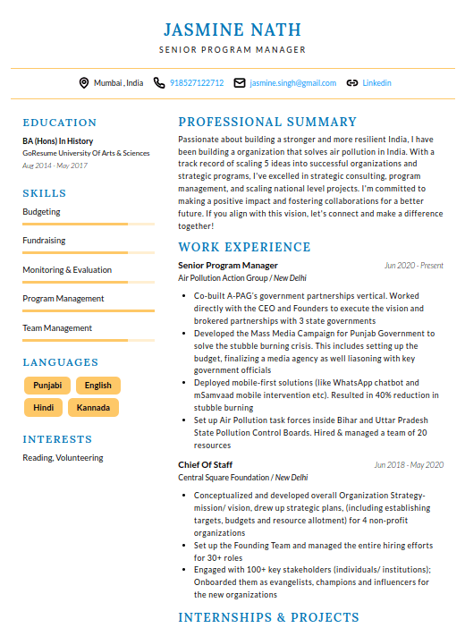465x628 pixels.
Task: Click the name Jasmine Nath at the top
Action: pyautogui.click(x=232, y=30)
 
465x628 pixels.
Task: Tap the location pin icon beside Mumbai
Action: pyautogui.click(x=84, y=82)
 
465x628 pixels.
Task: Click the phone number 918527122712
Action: pyautogui.click(x=197, y=82)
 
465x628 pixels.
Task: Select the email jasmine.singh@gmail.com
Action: pyautogui.click(x=293, y=82)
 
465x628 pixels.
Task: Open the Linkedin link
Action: pyautogui.click(x=376, y=82)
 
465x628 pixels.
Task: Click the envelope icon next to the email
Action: pyautogui.click(x=239, y=82)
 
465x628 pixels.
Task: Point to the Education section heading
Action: pyautogui.click(x=60, y=123)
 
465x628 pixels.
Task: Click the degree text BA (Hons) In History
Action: pyautogui.click(x=58, y=141)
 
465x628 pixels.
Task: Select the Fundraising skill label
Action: pyautogui.click(x=44, y=241)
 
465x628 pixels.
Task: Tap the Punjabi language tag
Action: pyautogui.click(x=47, y=386)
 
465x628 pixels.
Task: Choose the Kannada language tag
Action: pyautogui.click(x=94, y=408)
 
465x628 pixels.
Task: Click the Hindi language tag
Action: pyautogui.click(x=43, y=408)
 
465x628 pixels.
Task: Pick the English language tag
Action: pyautogui.click(x=98, y=386)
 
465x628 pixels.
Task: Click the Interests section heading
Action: pyautogui.click(x=57, y=439)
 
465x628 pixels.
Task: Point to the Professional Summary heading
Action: pyautogui.click(x=267, y=122)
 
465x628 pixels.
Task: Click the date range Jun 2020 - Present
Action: pyautogui.click(x=413, y=266)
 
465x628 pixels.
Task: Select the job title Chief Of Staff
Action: pyautogui.click(x=206, y=464)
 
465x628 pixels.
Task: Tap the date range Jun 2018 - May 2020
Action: pyautogui.click(x=409, y=465)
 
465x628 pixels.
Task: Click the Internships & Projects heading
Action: pyautogui.click(x=268, y=617)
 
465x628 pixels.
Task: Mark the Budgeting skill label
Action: pyautogui.click(x=42, y=212)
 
